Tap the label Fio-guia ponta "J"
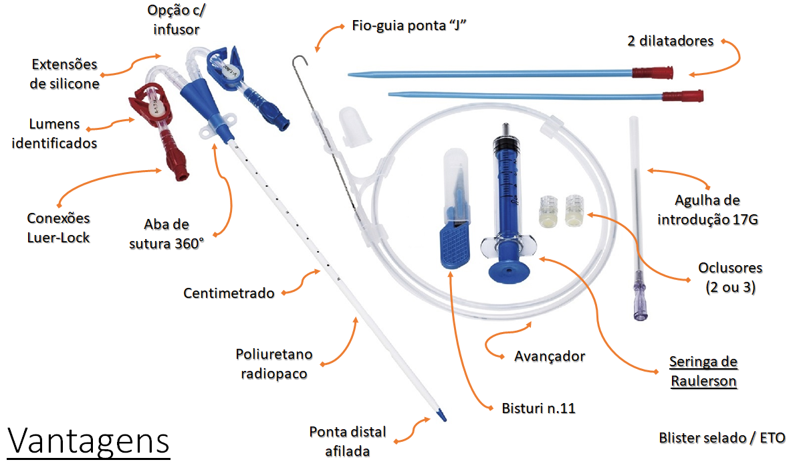(x=409, y=27)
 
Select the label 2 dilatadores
(x=670, y=41)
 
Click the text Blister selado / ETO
(x=721, y=438)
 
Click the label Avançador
(x=550, y=356)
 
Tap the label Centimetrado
(x=229, y=293)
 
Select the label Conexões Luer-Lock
(x=58, y=228)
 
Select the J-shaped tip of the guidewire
(x=302, y=61)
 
